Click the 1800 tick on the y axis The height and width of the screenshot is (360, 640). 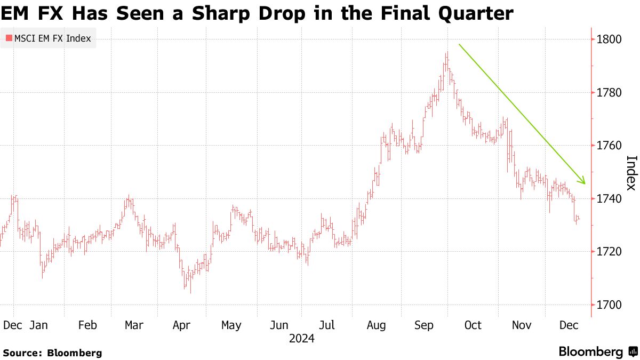(x=610, y=39)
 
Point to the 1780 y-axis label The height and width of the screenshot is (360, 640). (x=610, y=93)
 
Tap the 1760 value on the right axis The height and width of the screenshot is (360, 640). (x=610, y=146)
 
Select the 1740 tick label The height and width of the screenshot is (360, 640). (x=610, y=199)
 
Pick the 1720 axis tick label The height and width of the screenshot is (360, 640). (x=610, y=252)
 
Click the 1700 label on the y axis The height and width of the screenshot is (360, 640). (x=610, y=305)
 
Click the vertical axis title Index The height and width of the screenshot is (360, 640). (x=631, y=172)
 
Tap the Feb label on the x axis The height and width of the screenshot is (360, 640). (x=87, y=325)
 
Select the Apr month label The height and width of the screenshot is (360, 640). (x=182, y=325)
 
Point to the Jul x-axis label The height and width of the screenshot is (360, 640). (x=326, y=325)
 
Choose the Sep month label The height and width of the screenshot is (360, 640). (x=425, y=325)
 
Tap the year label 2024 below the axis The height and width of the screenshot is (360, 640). (x=302, y=339)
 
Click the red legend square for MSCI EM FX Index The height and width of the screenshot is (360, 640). (x=9, y=38)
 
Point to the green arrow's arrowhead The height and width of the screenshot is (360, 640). (x=583, y=182)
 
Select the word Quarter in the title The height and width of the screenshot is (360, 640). (x=471, y=13)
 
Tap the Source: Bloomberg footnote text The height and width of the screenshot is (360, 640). (x=52, y=353)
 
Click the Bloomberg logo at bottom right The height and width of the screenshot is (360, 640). (x=597, y=352)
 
